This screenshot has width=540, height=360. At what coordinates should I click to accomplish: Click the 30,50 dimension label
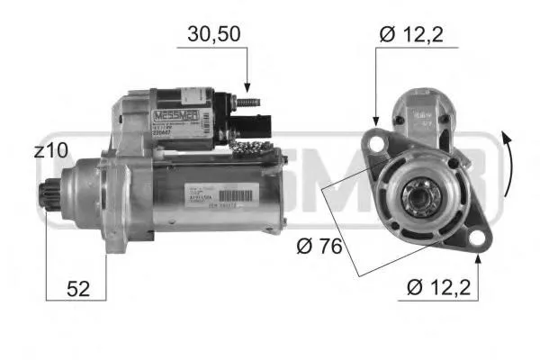point(213,35)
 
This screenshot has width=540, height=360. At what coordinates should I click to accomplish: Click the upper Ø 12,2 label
point(413,35)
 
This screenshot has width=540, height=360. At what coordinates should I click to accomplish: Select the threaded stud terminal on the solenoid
point(247,99)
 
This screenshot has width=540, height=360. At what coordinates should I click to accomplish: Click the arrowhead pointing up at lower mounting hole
point(478,258)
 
